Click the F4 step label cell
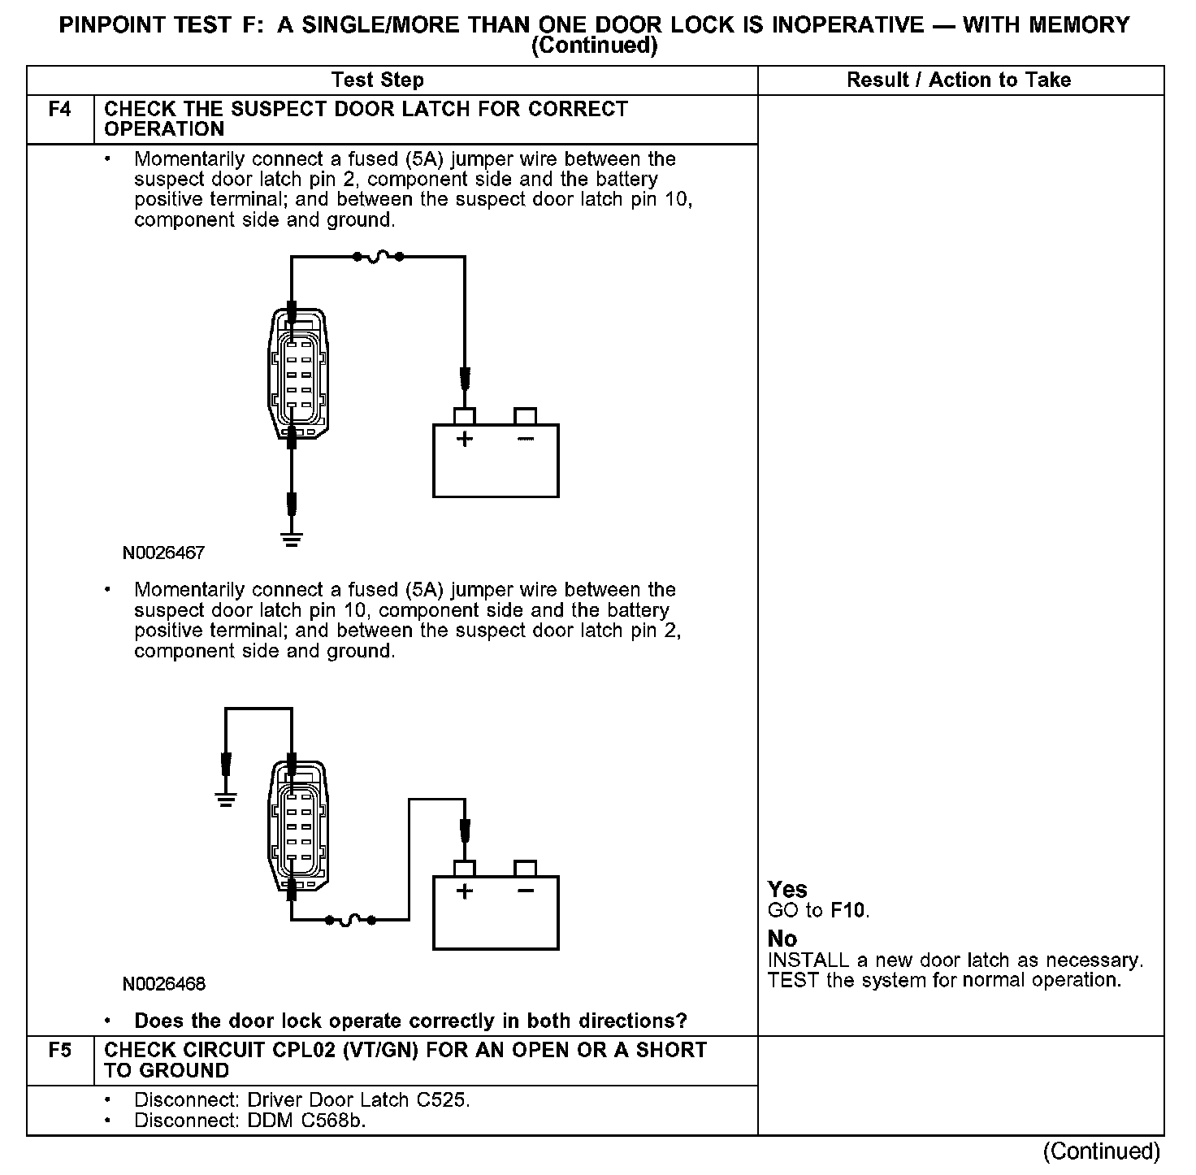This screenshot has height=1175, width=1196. pos(60,110)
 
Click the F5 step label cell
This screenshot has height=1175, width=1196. pos(60,1051)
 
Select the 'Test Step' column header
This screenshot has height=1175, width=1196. pos(378,80)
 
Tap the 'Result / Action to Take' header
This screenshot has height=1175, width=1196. pos(959,80)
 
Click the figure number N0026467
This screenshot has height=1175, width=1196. pos(163,553)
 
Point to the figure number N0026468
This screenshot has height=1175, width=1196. pos(164,985)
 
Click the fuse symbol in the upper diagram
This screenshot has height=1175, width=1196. pos(378,257)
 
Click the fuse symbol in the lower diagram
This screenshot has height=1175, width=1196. pos(349,920)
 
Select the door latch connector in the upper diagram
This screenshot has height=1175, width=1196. pos(298,373)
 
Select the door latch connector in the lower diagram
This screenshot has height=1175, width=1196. pos(298,826)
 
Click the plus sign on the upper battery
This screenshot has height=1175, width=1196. pos(464,440)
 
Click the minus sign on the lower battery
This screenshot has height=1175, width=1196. pos(526,891)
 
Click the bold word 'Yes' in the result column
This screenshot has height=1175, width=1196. pos(787,890)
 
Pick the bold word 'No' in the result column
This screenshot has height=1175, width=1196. pos(782,939)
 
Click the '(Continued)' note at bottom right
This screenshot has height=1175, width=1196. pos(1102,1151)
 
